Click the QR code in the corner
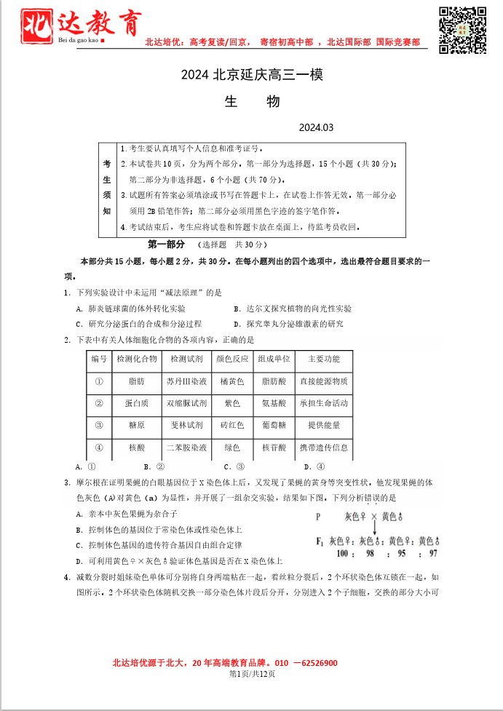(462, 30)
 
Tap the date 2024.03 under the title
(315, 127)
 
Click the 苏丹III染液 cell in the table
(186, 381)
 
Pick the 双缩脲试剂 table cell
(186, 403)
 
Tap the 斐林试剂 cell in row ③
(186, 425)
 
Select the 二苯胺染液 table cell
(186, 448)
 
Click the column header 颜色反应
(232, 359)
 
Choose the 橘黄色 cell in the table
(232, 381)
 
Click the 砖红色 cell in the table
(232, 425)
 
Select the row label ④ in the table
(98, 448)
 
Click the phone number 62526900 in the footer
(317, 663)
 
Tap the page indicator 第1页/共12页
(252, 674)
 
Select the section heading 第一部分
(167, 245)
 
